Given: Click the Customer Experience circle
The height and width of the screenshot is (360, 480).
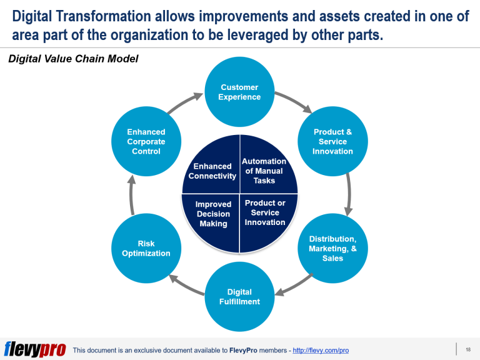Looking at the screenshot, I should [239, 92].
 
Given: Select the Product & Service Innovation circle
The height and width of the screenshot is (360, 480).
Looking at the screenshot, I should [332, 142].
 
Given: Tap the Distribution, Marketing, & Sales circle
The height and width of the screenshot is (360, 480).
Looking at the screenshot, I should [332, 248].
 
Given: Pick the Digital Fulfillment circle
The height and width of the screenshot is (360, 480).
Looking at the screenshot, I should [239, 297].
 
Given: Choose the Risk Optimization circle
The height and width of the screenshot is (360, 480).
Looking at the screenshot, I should [146, 248].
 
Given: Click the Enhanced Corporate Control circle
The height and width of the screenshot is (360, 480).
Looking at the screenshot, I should [146, 142].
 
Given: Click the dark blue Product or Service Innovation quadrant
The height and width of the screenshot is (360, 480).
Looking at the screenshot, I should [265, 214].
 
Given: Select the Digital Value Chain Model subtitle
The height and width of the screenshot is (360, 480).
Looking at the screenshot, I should [73, 59].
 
